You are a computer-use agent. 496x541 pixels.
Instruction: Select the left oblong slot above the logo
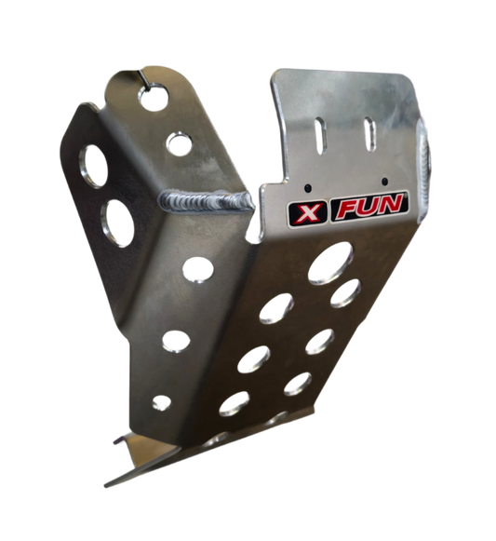[x=320, y=136]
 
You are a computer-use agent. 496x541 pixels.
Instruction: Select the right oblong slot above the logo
[x=369, y=134]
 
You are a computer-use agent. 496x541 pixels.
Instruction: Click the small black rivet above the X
[x=308, y=188]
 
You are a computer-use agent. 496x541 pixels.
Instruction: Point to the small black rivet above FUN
[x=385, y=182]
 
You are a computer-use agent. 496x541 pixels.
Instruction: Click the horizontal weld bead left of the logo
[x=207, y=200]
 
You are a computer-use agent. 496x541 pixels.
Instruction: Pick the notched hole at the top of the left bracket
[x=154, y=96]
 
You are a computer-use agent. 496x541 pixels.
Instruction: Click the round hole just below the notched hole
[x=179, y=142]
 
